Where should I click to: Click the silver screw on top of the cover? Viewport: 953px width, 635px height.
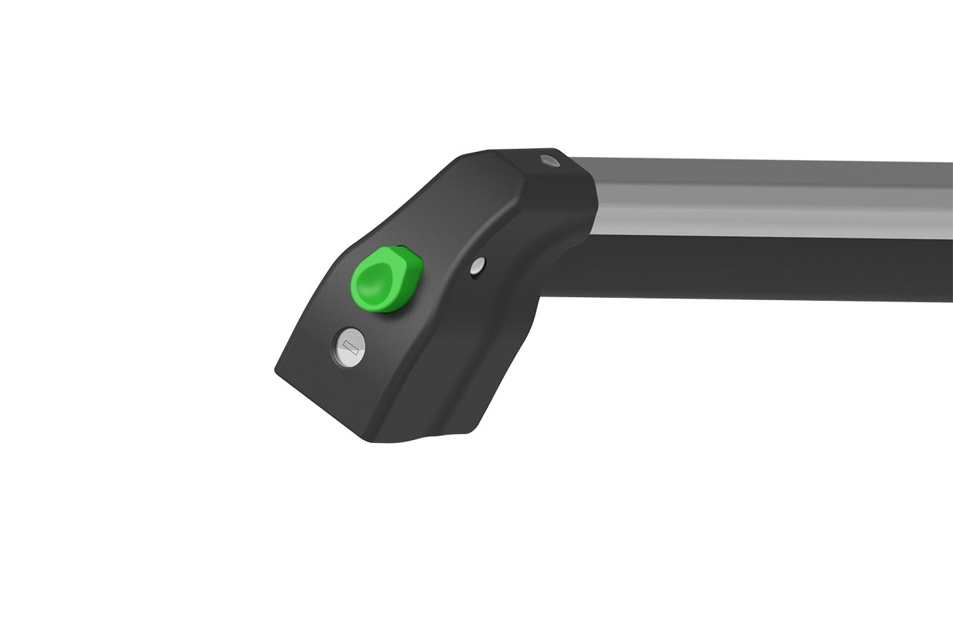pyautogui.click(x=549, y=161)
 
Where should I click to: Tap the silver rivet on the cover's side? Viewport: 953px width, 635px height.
pyautogui.click(x=478, y=264)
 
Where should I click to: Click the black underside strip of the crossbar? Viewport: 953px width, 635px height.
pyautogui.click(x=745, y=268)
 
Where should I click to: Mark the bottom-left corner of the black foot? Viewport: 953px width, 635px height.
pyautogui.click(x=278, y=369)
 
